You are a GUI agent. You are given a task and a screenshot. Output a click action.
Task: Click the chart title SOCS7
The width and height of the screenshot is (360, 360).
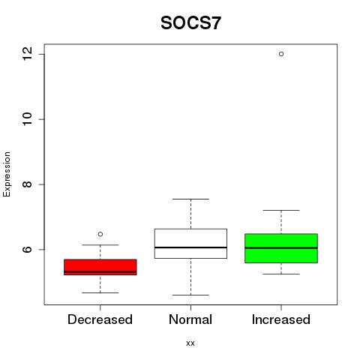[x=190, y=23]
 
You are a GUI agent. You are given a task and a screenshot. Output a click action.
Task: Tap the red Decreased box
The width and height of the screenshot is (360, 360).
[x=100, y=267]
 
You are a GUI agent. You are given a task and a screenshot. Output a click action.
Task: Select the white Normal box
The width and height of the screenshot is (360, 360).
[x=190, y=244]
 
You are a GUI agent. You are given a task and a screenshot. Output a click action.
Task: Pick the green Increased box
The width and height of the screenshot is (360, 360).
[x=281, y=248]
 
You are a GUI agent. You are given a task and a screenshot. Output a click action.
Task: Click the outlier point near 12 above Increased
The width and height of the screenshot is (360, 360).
[x=281, y=54]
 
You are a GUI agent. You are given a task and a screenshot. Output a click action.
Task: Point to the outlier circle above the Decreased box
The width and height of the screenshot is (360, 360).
[x=100, y=234]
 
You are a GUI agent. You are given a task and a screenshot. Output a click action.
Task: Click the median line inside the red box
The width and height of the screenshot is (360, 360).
[x=100, y=271]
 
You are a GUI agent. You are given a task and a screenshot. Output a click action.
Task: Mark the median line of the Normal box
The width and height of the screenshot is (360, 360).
[x=190, y=247]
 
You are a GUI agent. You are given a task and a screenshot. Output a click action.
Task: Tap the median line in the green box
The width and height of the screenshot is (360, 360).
[x=281, y=248]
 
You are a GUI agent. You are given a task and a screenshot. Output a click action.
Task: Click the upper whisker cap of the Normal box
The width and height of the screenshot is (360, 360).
[x=190, y=199]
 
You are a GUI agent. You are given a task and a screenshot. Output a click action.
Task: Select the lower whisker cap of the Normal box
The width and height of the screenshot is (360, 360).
[x=190, y=295]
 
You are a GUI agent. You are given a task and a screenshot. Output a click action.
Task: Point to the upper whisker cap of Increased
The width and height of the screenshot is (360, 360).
[x=281, y=210]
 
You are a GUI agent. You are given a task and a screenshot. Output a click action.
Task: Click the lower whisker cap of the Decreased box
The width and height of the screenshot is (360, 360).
[x=100, y=292]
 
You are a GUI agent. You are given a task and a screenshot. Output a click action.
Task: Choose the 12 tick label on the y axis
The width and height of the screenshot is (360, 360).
[x=28, y=54]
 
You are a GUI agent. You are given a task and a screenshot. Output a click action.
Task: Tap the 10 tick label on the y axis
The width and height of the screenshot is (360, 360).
[x=28, y=119]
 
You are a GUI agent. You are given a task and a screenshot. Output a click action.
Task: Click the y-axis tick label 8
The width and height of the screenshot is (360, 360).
[x=28, y=184]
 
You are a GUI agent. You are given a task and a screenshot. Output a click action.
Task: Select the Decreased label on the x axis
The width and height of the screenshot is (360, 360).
[x=100, y=319]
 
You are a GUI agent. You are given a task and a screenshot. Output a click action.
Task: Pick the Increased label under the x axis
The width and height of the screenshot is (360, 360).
[x=281, y=319]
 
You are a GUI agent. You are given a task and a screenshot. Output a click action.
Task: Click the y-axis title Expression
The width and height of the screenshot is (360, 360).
[x=7, y=174]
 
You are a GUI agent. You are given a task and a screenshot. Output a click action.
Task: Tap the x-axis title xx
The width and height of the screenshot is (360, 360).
[x=190, y=343]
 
